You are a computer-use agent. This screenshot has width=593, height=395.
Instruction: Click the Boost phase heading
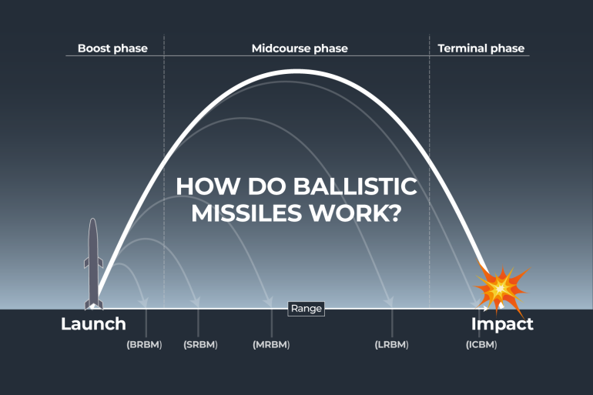[x=112, y=49]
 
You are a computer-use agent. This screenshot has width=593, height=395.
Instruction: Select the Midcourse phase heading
[x=300, y=49]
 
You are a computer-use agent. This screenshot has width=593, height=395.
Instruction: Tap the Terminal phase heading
[x=481, y=49]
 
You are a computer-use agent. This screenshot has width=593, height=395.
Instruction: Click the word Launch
[x=93, y=324]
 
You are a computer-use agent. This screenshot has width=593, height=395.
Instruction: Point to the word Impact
[x=502, y=324]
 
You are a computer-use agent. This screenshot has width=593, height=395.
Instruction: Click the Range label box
[x=306, y=309]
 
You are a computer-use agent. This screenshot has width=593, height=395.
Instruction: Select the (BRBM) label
[x=144, y=344]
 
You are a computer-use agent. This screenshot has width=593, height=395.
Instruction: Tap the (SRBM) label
[x=201, y=344]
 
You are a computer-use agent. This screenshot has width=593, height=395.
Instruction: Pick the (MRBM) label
[x=271, y=344]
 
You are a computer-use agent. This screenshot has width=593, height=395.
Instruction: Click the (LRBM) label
[x=391, y=344]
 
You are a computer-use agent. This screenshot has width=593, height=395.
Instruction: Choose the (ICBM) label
[x=481, y=344]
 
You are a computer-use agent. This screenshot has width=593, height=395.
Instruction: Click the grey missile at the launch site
[x=93, y=262]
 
